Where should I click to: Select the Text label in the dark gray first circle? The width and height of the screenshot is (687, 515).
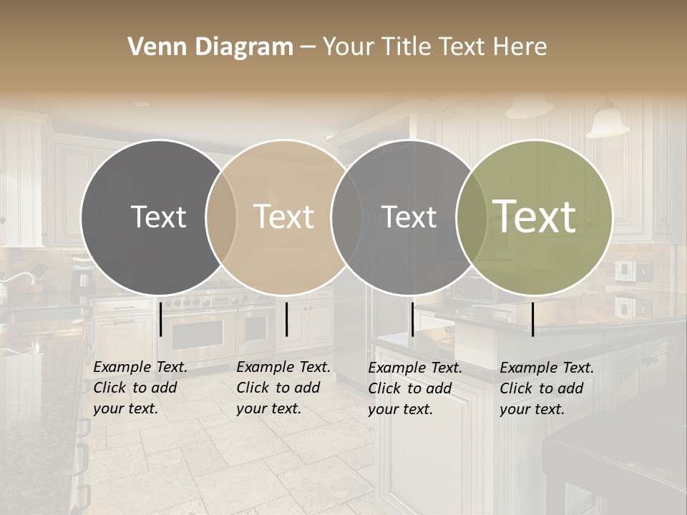click(x=158, y=217)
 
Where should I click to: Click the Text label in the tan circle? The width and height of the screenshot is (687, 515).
click(x=284, y=217)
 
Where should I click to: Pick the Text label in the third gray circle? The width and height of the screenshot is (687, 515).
click(x=409, y=217)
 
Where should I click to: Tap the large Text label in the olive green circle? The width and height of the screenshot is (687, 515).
click(x=535, y=216)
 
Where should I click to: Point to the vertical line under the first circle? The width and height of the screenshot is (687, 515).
click(x=161, y=319)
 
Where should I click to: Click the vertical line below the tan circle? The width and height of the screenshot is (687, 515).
click(x=286, y=319)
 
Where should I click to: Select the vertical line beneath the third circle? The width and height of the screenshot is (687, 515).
click(x=412, y=319)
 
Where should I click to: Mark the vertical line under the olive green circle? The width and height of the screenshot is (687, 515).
click(x=532, y=319)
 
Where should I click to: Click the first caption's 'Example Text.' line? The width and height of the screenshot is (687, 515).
click(x=140, y=367)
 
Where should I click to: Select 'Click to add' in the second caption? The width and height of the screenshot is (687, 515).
click(x=278, y=388)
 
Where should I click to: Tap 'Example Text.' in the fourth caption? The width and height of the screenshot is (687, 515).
click(x=547, y=368)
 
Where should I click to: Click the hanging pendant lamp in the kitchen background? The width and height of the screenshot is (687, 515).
click(x=607, y=122)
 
